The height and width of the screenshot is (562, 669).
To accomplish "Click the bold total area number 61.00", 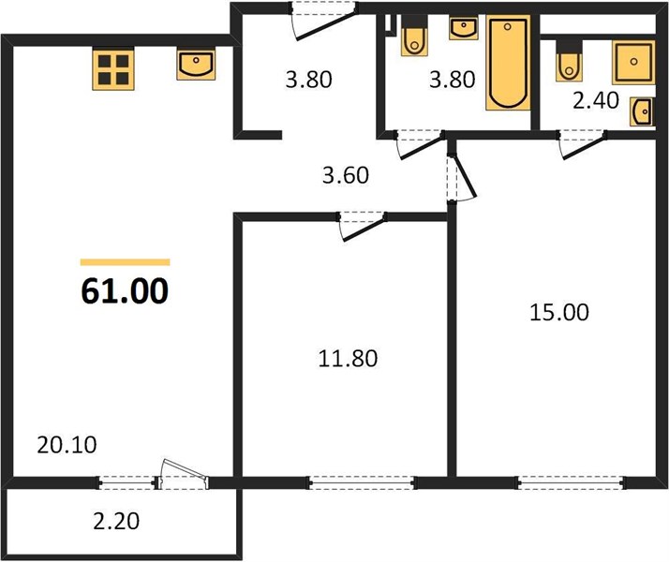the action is [125, 290].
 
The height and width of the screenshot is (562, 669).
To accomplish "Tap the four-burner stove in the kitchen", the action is [113, 69].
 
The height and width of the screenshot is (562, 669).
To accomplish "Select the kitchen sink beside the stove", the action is [196, 65].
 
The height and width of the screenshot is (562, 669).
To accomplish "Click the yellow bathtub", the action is [508, 63].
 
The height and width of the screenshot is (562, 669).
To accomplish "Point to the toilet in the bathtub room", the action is [414, 37].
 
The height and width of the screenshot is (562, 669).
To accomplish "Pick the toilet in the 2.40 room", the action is [569, 61].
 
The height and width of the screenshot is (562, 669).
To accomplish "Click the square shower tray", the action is [633, 62].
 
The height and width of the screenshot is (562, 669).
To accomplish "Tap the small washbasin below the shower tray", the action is [642, 111].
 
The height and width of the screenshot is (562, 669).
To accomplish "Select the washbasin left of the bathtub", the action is [464, 29].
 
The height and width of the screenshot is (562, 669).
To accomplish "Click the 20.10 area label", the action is [67, 445].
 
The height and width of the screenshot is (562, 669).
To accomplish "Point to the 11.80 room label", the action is [348, 359].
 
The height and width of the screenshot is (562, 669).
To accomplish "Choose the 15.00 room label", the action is [559, 312].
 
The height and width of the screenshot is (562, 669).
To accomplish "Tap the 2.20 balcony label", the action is [116, 521].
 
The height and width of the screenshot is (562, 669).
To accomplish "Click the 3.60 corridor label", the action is [345, 175].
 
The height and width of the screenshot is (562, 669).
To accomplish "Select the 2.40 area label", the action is [596, 100].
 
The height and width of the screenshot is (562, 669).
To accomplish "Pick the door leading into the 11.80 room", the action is [363, 226].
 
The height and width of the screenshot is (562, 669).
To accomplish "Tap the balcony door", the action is [183, 475].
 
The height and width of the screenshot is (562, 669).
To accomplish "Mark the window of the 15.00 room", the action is [571, 482].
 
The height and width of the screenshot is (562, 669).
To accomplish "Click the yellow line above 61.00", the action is [125, 262].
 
